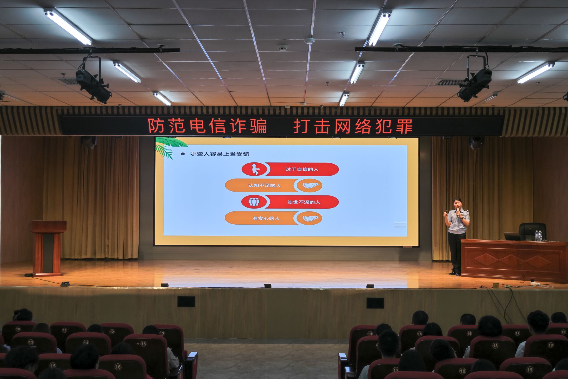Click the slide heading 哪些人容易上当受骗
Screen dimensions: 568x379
point(220,154)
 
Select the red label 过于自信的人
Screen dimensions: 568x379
point(302,169)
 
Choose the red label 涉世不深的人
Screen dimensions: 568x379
point(304,202)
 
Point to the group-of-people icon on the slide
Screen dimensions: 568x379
point(254,202)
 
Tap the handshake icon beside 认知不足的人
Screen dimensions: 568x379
point(310,185)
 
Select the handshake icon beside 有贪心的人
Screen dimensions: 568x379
point(310,219)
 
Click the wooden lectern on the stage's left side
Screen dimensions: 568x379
point(48,248)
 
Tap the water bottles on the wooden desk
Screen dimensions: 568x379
point(538,236)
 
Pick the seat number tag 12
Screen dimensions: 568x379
point(112,332)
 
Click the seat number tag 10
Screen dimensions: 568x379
point(18,329)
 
